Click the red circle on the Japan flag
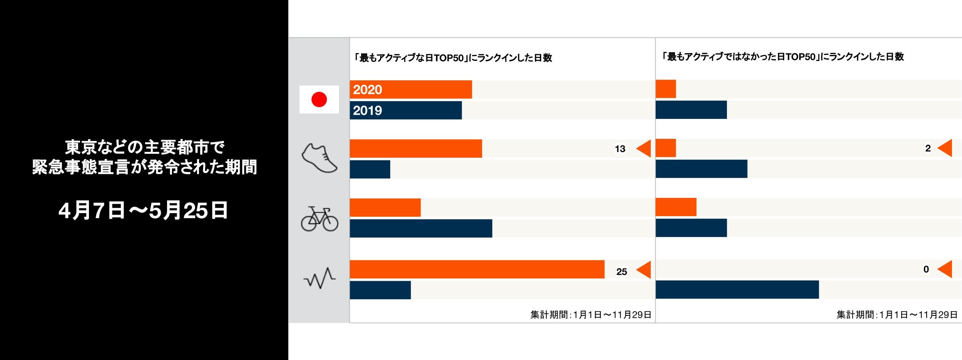[x=319, y=99]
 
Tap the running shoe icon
[x=319, y=158]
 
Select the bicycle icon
[x=319, y=219]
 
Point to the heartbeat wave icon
[x=319, y=278]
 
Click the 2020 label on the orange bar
[x=367, y=90]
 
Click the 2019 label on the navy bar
[x=367, y=111]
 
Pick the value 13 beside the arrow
[x=620, y=149]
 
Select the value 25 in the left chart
[x=621, y=272]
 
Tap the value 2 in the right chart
[x=928, y=148]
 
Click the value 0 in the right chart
[x=926, y=270]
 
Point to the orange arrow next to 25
[x=644, y=270]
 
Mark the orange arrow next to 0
[x=945, y=269]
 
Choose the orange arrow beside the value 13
[x=644, y=148]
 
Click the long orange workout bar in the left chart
[x=477, y=269]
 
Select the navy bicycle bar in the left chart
[x=421, y=228]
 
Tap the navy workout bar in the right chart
[x=737, y=290]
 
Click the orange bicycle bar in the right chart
[x=676, y=207]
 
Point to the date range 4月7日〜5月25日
[x=143, y=210]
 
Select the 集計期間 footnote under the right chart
[x=897, y=315]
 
